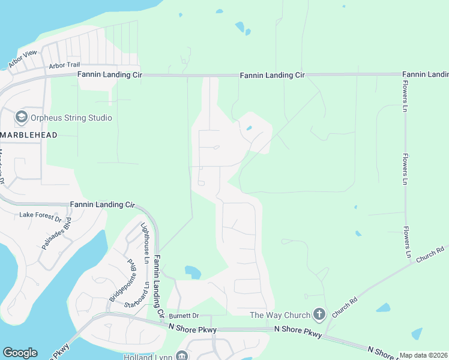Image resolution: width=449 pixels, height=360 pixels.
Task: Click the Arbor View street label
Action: click(23, 58)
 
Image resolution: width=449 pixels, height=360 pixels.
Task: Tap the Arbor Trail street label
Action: click(64, 65)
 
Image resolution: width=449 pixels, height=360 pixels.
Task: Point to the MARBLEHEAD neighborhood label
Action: click(29, 135)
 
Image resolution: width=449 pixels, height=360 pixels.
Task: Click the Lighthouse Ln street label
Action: click(144, 236)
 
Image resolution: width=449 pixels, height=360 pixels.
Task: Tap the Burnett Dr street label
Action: click(183, 315)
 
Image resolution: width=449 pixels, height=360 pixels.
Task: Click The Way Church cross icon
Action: click(319, 314)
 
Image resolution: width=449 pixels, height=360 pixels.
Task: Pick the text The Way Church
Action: click(280, 315)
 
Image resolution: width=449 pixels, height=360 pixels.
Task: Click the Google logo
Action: click(20, 353)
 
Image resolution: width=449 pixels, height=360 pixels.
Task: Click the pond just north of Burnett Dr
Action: click(193, 272)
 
